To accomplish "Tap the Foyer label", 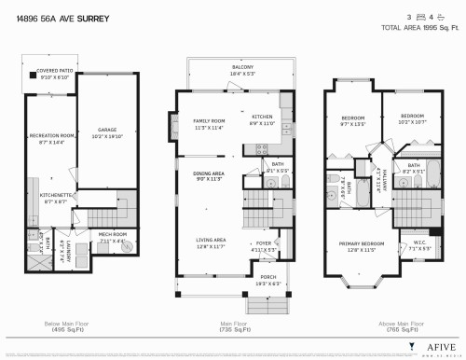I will pyautogui.click(x=264, y=245).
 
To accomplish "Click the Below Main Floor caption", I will pyautogui.click(x=71, y=325).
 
